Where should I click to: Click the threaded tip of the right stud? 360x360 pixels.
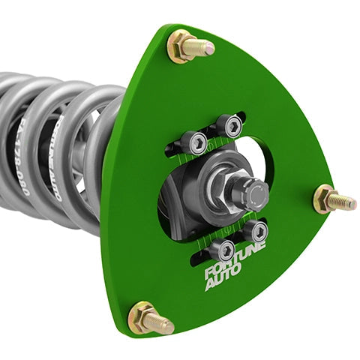(x=346, y=201)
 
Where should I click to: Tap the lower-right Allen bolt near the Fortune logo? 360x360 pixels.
(x=253, y=229)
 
